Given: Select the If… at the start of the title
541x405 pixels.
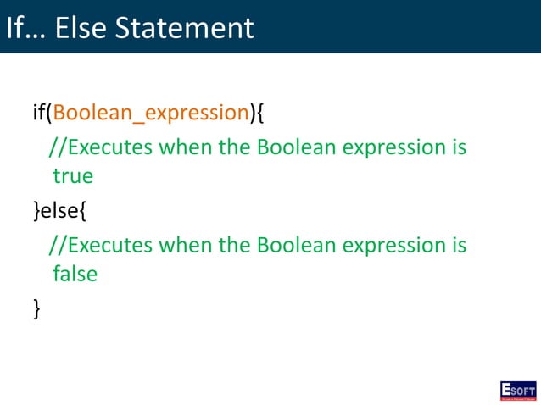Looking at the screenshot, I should (25, 27).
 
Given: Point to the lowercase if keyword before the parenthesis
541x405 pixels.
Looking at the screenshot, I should (39, 113).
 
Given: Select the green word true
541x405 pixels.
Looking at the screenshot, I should (72, 176).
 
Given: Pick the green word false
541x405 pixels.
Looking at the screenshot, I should (75, 274).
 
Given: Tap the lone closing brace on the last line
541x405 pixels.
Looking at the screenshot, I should (37, 308).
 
